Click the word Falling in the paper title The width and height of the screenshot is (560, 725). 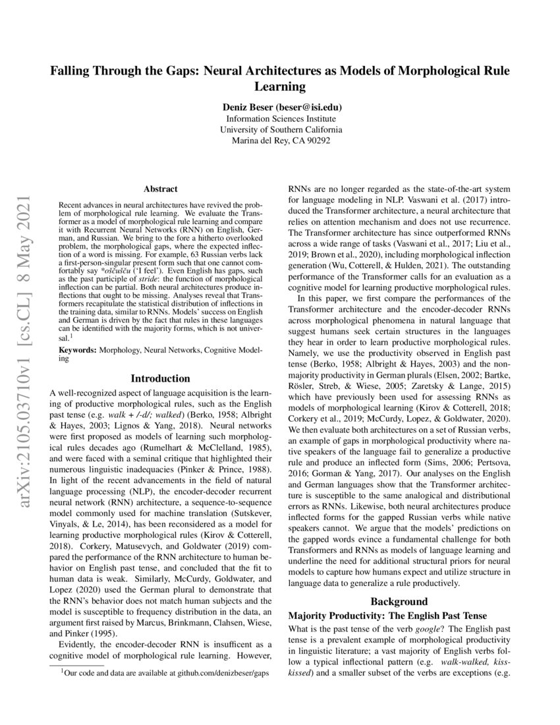pyautogui.click(x=73, y=71)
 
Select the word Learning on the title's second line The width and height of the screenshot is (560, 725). pyautogui.click(x=280, y=86)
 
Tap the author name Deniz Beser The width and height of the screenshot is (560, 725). pyautogui.click(x=248, y=106)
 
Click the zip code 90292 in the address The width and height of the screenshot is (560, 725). pyautogui.click(x=317, y=140)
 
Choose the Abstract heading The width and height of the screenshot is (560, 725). pyautogui.click(x=160, y=188)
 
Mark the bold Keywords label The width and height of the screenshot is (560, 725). pyautogui.click(x=78, y=351)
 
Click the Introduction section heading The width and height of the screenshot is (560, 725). pyautogui.click(x=160, y=378)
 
